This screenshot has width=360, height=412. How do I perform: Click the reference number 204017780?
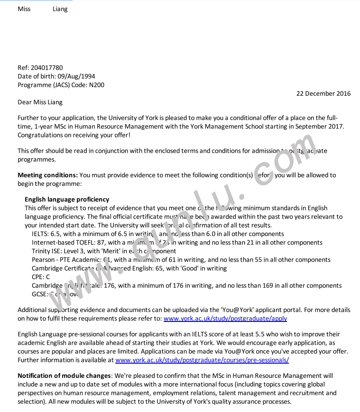coord(46,68)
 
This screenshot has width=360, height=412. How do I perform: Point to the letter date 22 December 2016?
coord(323,93)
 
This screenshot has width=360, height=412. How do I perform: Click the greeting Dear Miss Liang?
coord(40,102)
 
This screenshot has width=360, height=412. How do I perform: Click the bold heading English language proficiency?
coord(67,200)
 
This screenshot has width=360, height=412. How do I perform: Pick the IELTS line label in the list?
coord(40,234)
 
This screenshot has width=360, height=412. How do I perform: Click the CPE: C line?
coord(41,277)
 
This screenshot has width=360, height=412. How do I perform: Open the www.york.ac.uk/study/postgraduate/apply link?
coord(225,319)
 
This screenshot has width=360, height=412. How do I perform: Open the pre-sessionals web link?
coord(202,360)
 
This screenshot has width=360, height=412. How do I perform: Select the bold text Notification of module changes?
coord(64,375)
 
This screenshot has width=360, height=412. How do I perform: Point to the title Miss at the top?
coord(24,9)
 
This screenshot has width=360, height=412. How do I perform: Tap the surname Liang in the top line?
coord(60,9)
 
